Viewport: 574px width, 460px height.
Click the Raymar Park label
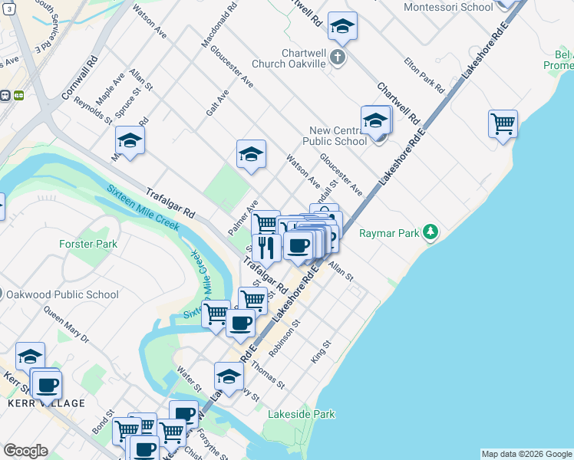tap(390, 232)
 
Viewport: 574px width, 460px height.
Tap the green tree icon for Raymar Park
tap(431, 232)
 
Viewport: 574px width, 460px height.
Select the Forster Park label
tap(88, 245)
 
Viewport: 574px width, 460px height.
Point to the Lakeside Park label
tap(302, 414)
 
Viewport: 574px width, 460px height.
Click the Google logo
tap(25, 451)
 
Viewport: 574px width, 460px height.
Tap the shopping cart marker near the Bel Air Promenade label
tap(503, 123)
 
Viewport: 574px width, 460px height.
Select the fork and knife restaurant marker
tap(266, 248)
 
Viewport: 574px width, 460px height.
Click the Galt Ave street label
tap(217, 103)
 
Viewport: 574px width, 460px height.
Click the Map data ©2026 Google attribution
tap(526, 454)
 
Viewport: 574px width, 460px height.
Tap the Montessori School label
tap(448, 7)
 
